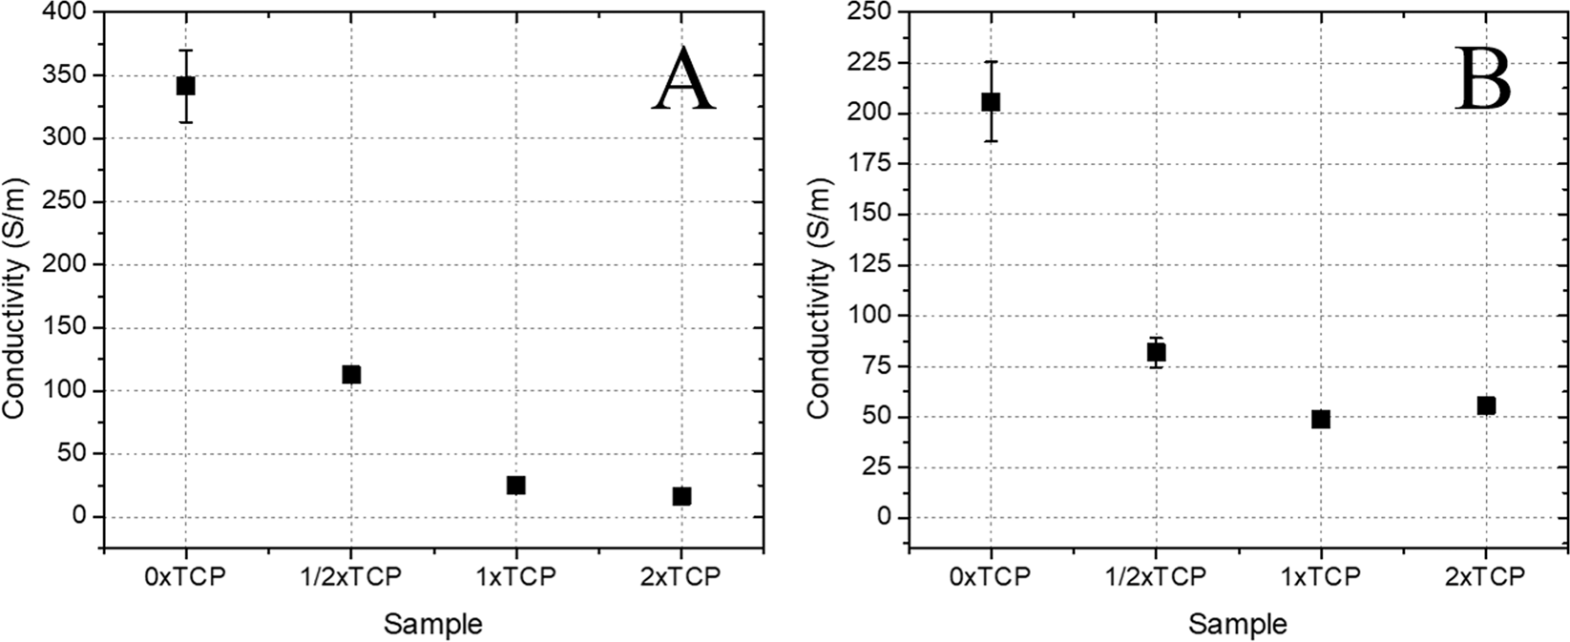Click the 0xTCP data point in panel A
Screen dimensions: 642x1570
[185, 86]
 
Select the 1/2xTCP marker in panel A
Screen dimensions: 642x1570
[351, 374]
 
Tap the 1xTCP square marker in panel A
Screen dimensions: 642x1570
[516, 485]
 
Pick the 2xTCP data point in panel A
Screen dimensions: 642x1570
[681, 496]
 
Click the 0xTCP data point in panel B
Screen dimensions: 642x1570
[991, 101]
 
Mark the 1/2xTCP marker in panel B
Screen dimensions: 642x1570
[1156, 352]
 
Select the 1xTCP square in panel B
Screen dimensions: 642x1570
[1321, 419]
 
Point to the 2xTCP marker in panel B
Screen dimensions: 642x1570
[1486, 405]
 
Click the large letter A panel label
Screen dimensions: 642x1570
[683, 81]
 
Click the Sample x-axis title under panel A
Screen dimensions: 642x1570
[432, 625]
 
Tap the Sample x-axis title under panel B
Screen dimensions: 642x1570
[1238, 625]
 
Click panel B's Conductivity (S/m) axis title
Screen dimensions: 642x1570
[819, 298]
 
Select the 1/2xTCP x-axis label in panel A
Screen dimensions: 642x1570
[350, 577]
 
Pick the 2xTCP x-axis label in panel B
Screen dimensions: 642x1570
[1486, 577]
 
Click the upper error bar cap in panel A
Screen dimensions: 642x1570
[185, 50]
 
